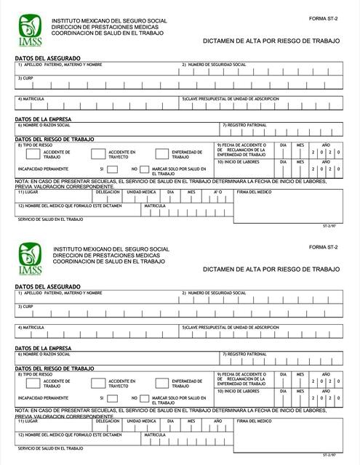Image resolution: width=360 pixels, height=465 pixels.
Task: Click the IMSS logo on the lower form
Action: point(29,261)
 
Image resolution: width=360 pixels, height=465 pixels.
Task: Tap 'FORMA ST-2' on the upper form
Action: point(324,18)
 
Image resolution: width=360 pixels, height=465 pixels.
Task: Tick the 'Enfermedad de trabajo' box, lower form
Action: point(162,381)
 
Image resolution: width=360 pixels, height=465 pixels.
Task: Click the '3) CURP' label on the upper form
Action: point(25,78)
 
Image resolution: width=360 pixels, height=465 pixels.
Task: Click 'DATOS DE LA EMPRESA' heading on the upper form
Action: point(43,119)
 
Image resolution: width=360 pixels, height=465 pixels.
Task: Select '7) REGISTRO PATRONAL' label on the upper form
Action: point(246,125)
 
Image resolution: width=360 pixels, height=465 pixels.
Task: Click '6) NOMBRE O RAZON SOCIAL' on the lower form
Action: point(45,354)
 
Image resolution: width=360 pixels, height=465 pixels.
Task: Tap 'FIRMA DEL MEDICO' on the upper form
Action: point(255,193)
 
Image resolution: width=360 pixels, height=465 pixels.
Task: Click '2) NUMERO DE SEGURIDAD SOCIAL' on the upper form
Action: point(214,65)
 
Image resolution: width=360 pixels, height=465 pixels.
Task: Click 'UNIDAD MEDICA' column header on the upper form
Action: point(141,193)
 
